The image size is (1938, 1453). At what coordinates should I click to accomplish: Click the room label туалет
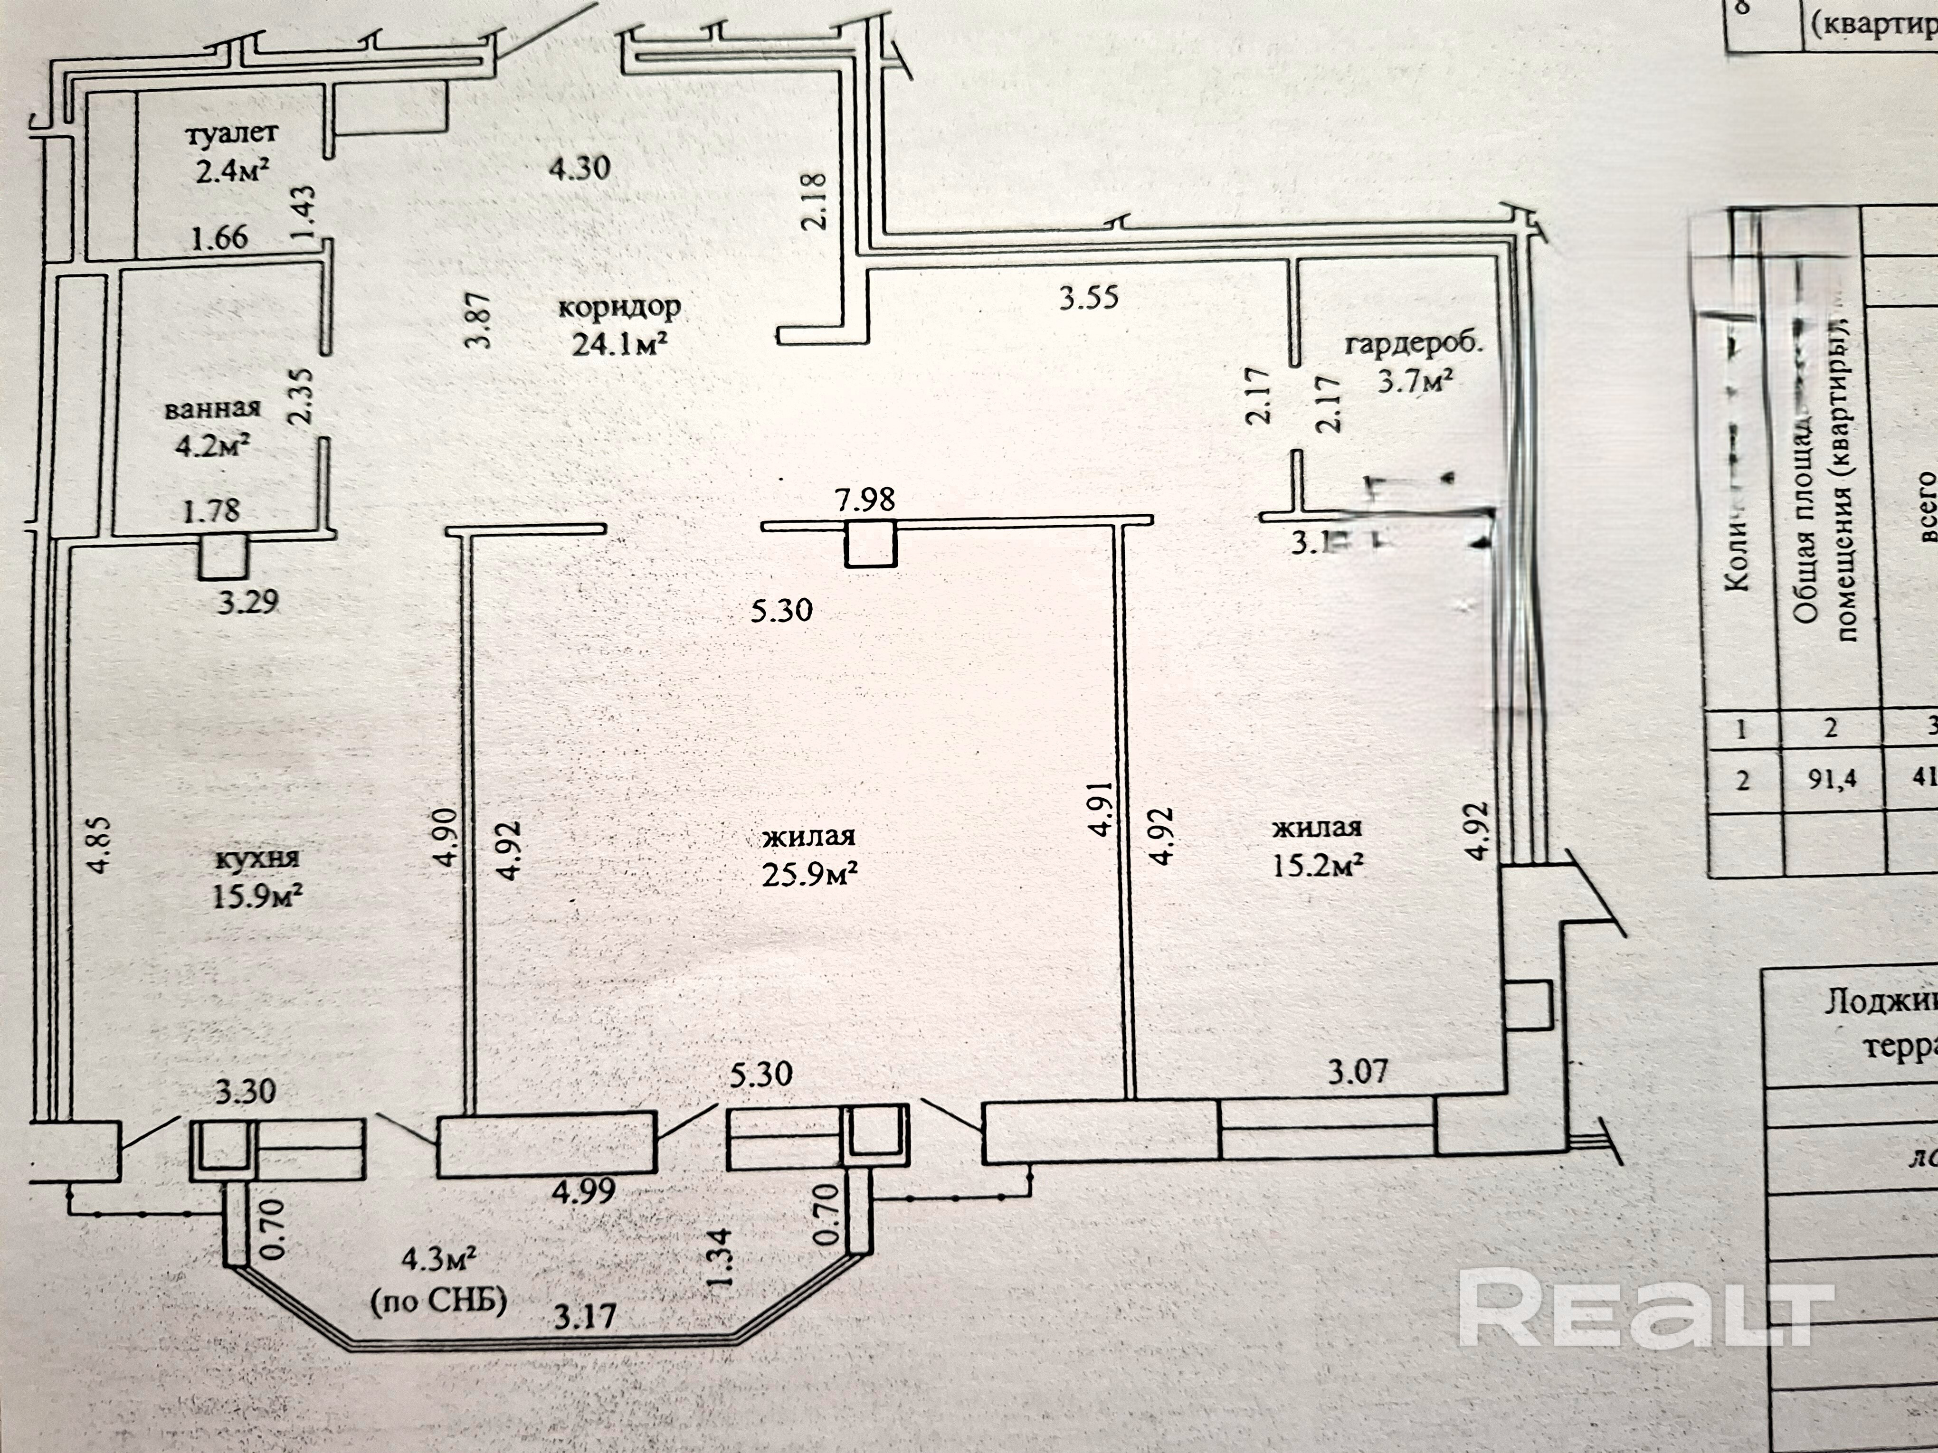click(231, 134)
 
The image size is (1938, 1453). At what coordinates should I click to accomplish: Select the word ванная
click(213, 409)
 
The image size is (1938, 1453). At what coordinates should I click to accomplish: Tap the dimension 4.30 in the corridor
click(579, 166)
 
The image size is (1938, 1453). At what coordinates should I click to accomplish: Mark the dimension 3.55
click(1089, 299)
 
